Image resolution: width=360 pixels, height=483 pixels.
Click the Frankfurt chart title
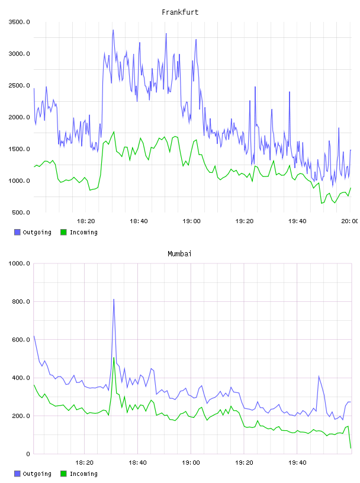180,12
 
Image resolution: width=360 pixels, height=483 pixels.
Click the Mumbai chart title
179,254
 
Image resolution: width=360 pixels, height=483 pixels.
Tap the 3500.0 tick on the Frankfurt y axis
19,22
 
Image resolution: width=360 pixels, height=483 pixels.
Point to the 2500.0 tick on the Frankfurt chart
19,85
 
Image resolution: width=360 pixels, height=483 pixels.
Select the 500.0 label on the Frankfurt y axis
21,212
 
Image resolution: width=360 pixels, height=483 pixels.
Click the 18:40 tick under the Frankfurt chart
139,221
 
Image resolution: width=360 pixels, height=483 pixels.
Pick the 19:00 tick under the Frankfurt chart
191,221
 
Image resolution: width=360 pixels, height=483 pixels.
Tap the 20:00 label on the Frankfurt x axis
350,221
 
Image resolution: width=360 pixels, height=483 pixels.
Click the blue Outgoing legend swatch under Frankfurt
17,232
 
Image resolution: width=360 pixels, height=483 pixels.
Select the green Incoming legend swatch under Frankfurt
63,232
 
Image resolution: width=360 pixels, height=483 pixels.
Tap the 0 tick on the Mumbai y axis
28,454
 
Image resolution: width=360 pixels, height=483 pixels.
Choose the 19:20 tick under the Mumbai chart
244,463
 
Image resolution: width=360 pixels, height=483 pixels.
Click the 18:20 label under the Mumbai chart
84,463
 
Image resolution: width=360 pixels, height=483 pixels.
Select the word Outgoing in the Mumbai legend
37,474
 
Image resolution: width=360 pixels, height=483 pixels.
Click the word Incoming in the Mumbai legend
83,474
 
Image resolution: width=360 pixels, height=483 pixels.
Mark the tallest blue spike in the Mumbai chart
114,299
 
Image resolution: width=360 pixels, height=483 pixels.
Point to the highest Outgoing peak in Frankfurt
114,30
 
